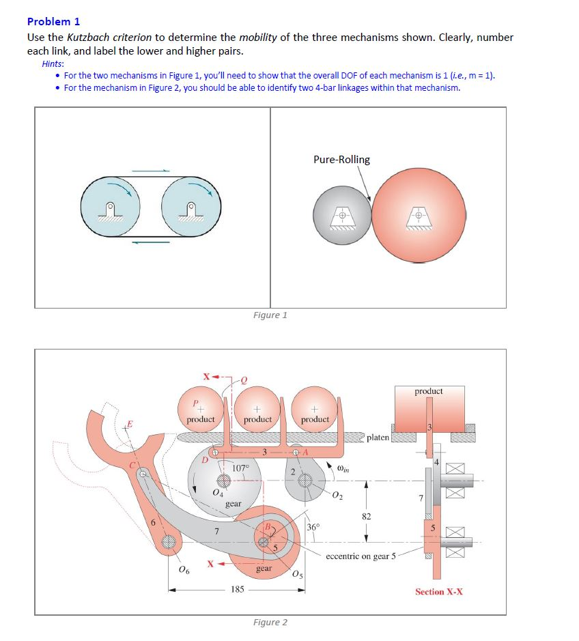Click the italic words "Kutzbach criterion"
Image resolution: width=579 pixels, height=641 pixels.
click(x=106, y=38)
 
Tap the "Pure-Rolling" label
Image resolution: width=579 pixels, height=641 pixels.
click(x=341, y=160)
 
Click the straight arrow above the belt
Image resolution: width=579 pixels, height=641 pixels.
click(x=150, y=170)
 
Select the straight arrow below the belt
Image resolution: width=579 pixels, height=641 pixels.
click(x=150, y=240)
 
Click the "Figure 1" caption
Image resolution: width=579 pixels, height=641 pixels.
click(x=270, y=315)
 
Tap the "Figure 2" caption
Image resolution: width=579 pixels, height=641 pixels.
click(x=270, y=622)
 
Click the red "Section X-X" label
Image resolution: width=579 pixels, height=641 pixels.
click(x=438, y=591)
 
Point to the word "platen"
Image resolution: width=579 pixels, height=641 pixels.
click(x=378, y=437)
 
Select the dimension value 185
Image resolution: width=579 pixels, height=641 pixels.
click(x=236, y=588)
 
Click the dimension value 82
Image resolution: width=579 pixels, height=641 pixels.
click(x=366, y=516)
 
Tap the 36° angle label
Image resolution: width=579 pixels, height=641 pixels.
click(x=313, y=527)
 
